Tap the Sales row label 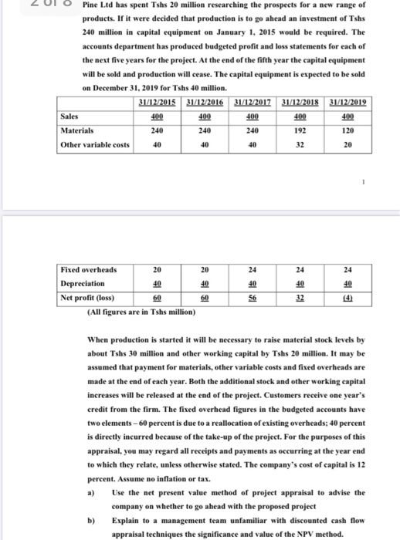pos(72,117)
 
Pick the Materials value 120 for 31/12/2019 pos(348,131)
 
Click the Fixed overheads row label pos(90,270)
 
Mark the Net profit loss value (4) pos(348,295)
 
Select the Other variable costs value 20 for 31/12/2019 pos(348,144)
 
